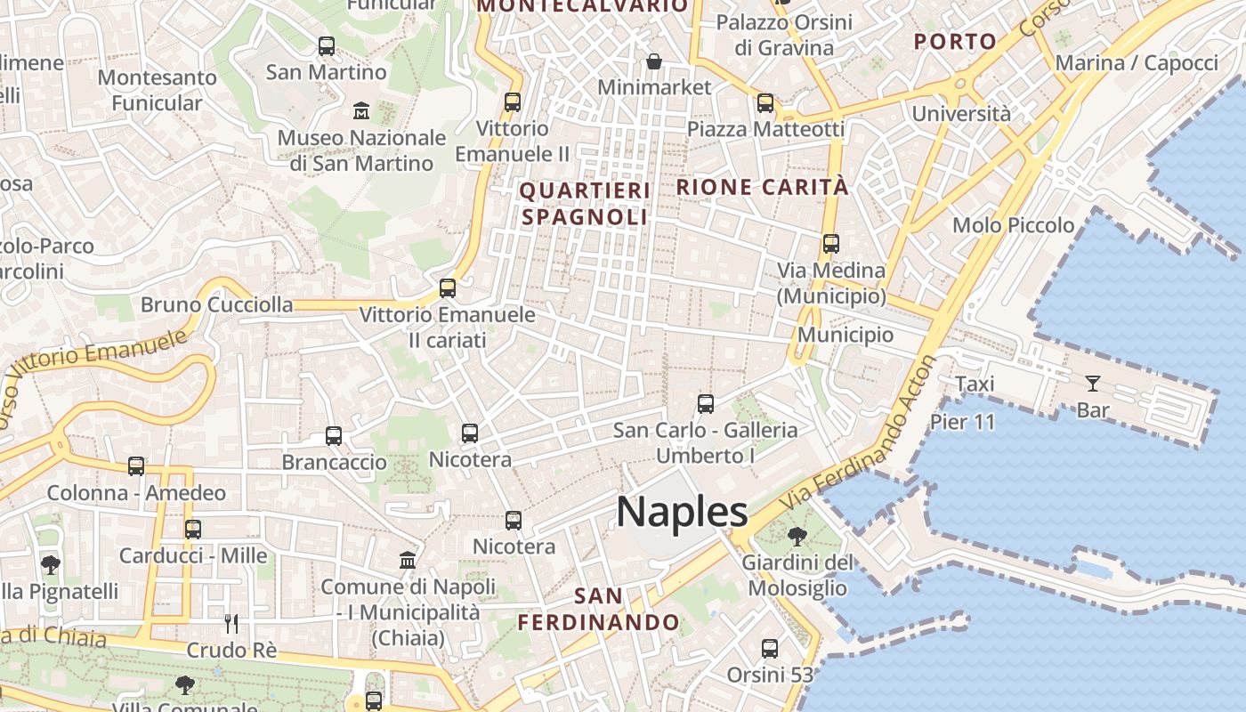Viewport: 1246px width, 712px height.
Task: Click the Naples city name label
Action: pos(682,512)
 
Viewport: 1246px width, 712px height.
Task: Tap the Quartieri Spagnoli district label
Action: pos(585,204)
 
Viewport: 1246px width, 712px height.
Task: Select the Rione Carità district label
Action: pos(763,188)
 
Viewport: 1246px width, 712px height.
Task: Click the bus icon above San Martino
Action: pos(327,45)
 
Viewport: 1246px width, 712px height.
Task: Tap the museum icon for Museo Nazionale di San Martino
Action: pos(361,111)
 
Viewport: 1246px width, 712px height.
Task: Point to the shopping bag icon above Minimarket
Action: pos(654,61)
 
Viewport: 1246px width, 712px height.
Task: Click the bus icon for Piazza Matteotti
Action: pos(765,103)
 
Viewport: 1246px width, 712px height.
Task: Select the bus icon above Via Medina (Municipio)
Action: pos(831,243)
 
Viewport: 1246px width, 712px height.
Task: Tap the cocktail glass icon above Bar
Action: pos(1092,384)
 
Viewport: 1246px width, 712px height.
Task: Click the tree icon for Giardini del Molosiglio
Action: pos(797,536)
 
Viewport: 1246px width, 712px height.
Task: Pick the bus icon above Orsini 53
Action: pos(770,649)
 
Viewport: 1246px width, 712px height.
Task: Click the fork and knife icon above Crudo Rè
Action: pos(231,623)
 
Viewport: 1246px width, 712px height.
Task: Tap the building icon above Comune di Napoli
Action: pos(408,560)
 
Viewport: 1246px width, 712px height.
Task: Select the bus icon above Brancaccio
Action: pos(334,436)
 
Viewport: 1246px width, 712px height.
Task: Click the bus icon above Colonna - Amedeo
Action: pos(136,466)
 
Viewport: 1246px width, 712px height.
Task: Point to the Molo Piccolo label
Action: pos(1013,225)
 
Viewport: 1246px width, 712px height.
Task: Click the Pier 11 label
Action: pos(963,421)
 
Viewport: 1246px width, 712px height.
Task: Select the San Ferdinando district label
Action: pos(598,609)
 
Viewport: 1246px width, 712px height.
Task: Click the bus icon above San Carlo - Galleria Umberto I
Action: pos(706,404)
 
